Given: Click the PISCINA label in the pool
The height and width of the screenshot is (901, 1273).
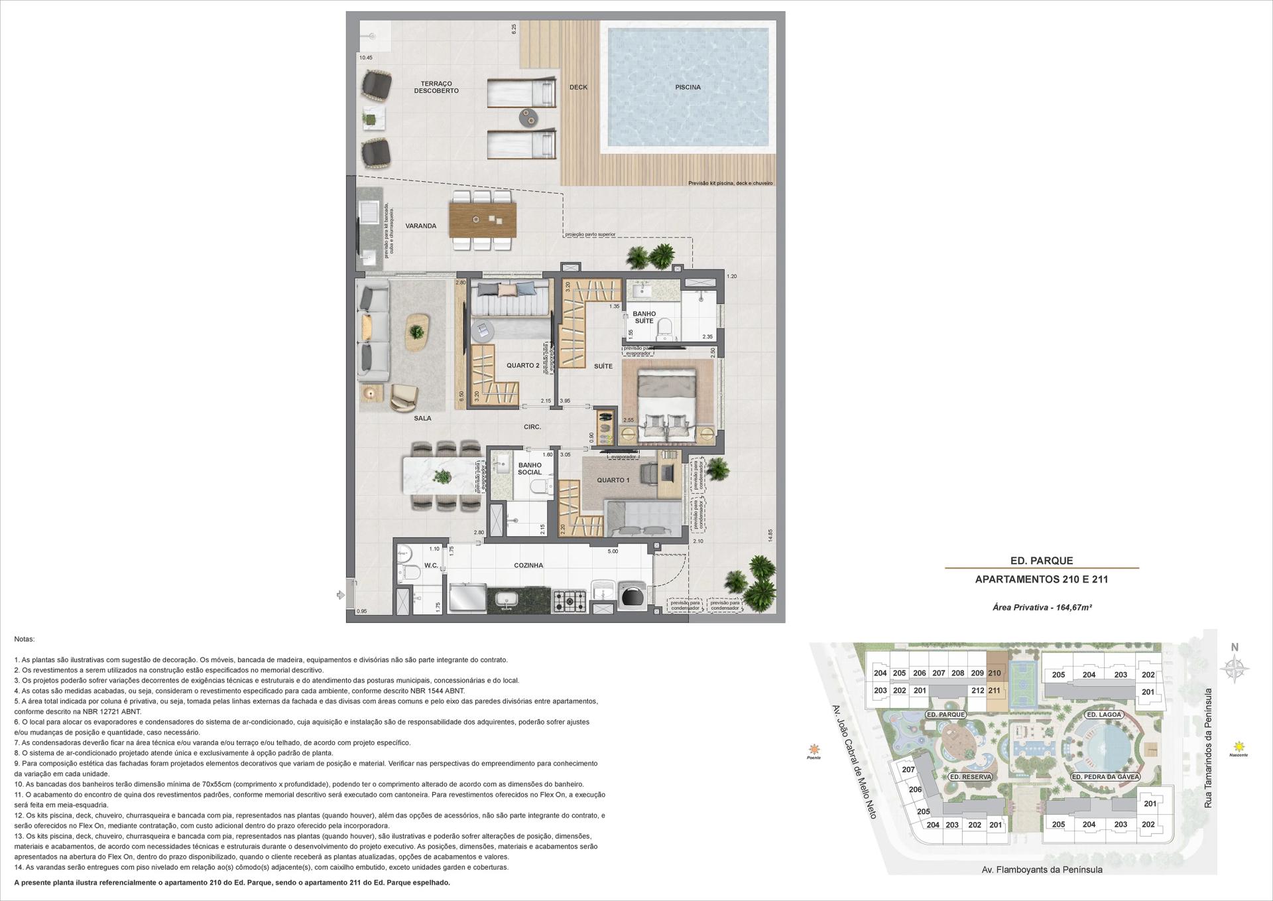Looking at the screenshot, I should pos(688,87).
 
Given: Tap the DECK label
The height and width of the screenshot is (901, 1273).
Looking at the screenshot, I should pos(578,87).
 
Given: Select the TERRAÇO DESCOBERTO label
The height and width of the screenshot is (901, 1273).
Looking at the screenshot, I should pos(436,87).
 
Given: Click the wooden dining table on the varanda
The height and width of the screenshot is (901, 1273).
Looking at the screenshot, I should pos(482,219).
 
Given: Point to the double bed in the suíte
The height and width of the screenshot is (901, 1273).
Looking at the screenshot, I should pos(666,405).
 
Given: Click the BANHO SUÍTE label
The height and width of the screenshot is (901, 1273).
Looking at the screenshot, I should pos(644,317).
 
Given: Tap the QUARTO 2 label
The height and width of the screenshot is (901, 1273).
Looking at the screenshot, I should pos(522,366).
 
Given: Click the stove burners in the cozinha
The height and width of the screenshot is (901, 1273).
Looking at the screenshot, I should pos(569,601).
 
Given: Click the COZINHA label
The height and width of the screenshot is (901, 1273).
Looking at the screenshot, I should pos(528,566).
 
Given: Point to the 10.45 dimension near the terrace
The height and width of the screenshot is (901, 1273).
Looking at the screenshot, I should pos(366,58).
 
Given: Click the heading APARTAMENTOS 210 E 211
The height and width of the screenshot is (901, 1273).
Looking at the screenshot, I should pos(1042,579).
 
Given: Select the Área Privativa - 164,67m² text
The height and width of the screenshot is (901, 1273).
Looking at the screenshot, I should pos(1042,607).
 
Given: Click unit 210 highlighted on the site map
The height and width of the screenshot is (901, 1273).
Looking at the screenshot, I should pos(994,673).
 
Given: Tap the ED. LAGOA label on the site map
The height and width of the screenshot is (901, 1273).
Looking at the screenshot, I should pos(1104,715).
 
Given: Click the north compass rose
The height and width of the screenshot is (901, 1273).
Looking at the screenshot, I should pos(1235,669).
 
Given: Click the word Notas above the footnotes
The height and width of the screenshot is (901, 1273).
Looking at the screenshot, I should pos(24,640).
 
